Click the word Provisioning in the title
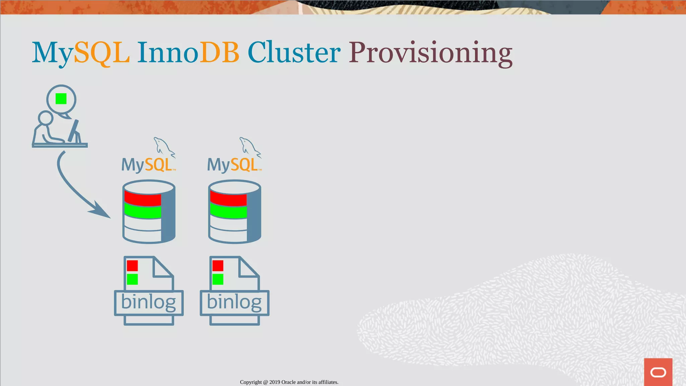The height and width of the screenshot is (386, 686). point(430,53)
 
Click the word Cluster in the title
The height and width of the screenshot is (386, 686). point(294,53)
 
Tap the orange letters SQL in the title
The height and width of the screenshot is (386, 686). point(101,53)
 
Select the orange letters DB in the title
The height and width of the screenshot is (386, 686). point(219,53)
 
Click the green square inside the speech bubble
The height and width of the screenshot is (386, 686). point(61,99)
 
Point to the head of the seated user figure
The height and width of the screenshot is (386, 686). point(46,118)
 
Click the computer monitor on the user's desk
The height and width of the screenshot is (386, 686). point(74,131)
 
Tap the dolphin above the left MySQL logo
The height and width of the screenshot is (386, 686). point(163,147)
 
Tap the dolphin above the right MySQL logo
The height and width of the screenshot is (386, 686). point(249,147)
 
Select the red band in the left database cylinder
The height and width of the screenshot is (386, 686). point(143,199)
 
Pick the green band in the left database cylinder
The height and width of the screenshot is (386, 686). point(143,211)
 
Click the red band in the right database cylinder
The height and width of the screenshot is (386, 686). point(228,199)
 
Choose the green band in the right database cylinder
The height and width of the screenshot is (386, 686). point(228,211)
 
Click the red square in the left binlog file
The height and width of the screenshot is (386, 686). point(132,266)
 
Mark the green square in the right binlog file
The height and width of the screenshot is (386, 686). point(218,279)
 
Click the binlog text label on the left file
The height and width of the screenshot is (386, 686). point(148,302)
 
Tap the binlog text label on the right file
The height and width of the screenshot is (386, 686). point(234,302)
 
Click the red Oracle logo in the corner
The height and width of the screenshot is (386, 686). point(658,372)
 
